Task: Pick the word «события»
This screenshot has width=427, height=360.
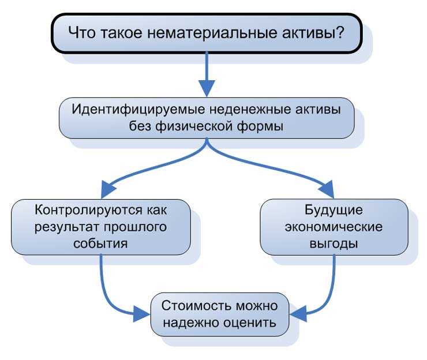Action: pyautogui.click(x=101, y=243)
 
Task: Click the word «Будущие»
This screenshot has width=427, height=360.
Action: pyautogui.click(x=334, y=209)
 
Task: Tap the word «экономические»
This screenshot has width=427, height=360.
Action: pyautogui.click(x=334, y=226)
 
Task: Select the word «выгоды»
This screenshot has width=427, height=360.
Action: pyautogui.click(x=334, y=243)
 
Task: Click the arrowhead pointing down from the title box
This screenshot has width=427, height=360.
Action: pyautogui.click(x=206, y=87)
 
